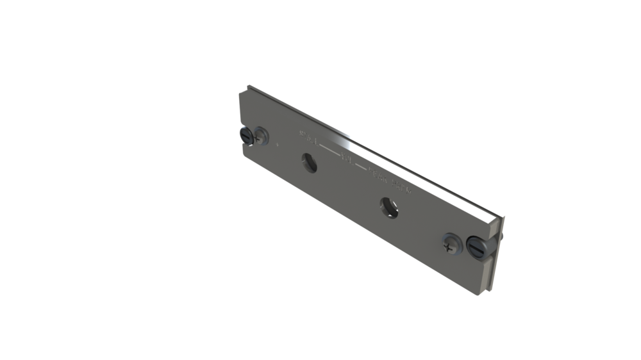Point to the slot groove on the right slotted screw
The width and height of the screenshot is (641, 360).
pyautogui.click(x=475, y=246)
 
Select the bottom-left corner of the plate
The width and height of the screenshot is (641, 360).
pyautogui.click(x=243, y=154)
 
